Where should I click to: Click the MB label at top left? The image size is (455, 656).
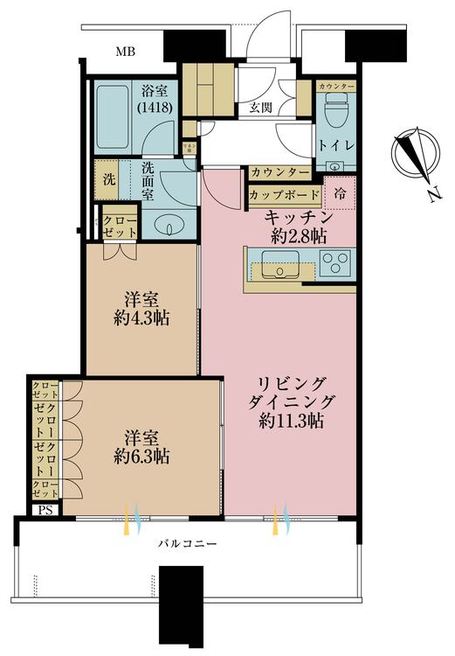point(128,52)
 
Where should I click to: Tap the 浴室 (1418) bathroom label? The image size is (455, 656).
point(158,99)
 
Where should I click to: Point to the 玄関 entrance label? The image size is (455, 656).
point(260,108)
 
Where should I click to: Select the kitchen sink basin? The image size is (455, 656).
point(280,263)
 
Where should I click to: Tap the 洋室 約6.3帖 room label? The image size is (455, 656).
point(141,447)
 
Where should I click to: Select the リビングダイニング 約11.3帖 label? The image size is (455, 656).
point(292,401)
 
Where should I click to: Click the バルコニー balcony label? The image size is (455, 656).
point(187,543)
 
